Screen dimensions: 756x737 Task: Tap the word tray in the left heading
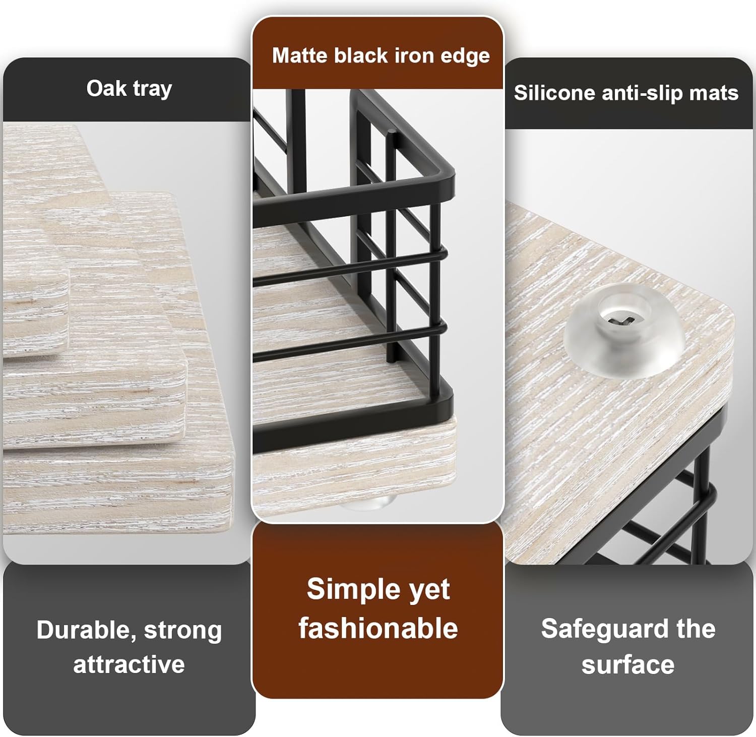[x=153, y=90]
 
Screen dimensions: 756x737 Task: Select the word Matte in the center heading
[x=300, y=55]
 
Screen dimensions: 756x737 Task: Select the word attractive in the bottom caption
[x=129, y=664]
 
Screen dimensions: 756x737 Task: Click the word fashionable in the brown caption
[x=378, y=628]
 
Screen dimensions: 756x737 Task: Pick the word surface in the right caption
[x=628, y=665]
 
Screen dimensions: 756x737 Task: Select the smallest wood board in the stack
[x=35, y=314]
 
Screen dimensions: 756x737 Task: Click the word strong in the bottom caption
[x=183, y=631]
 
